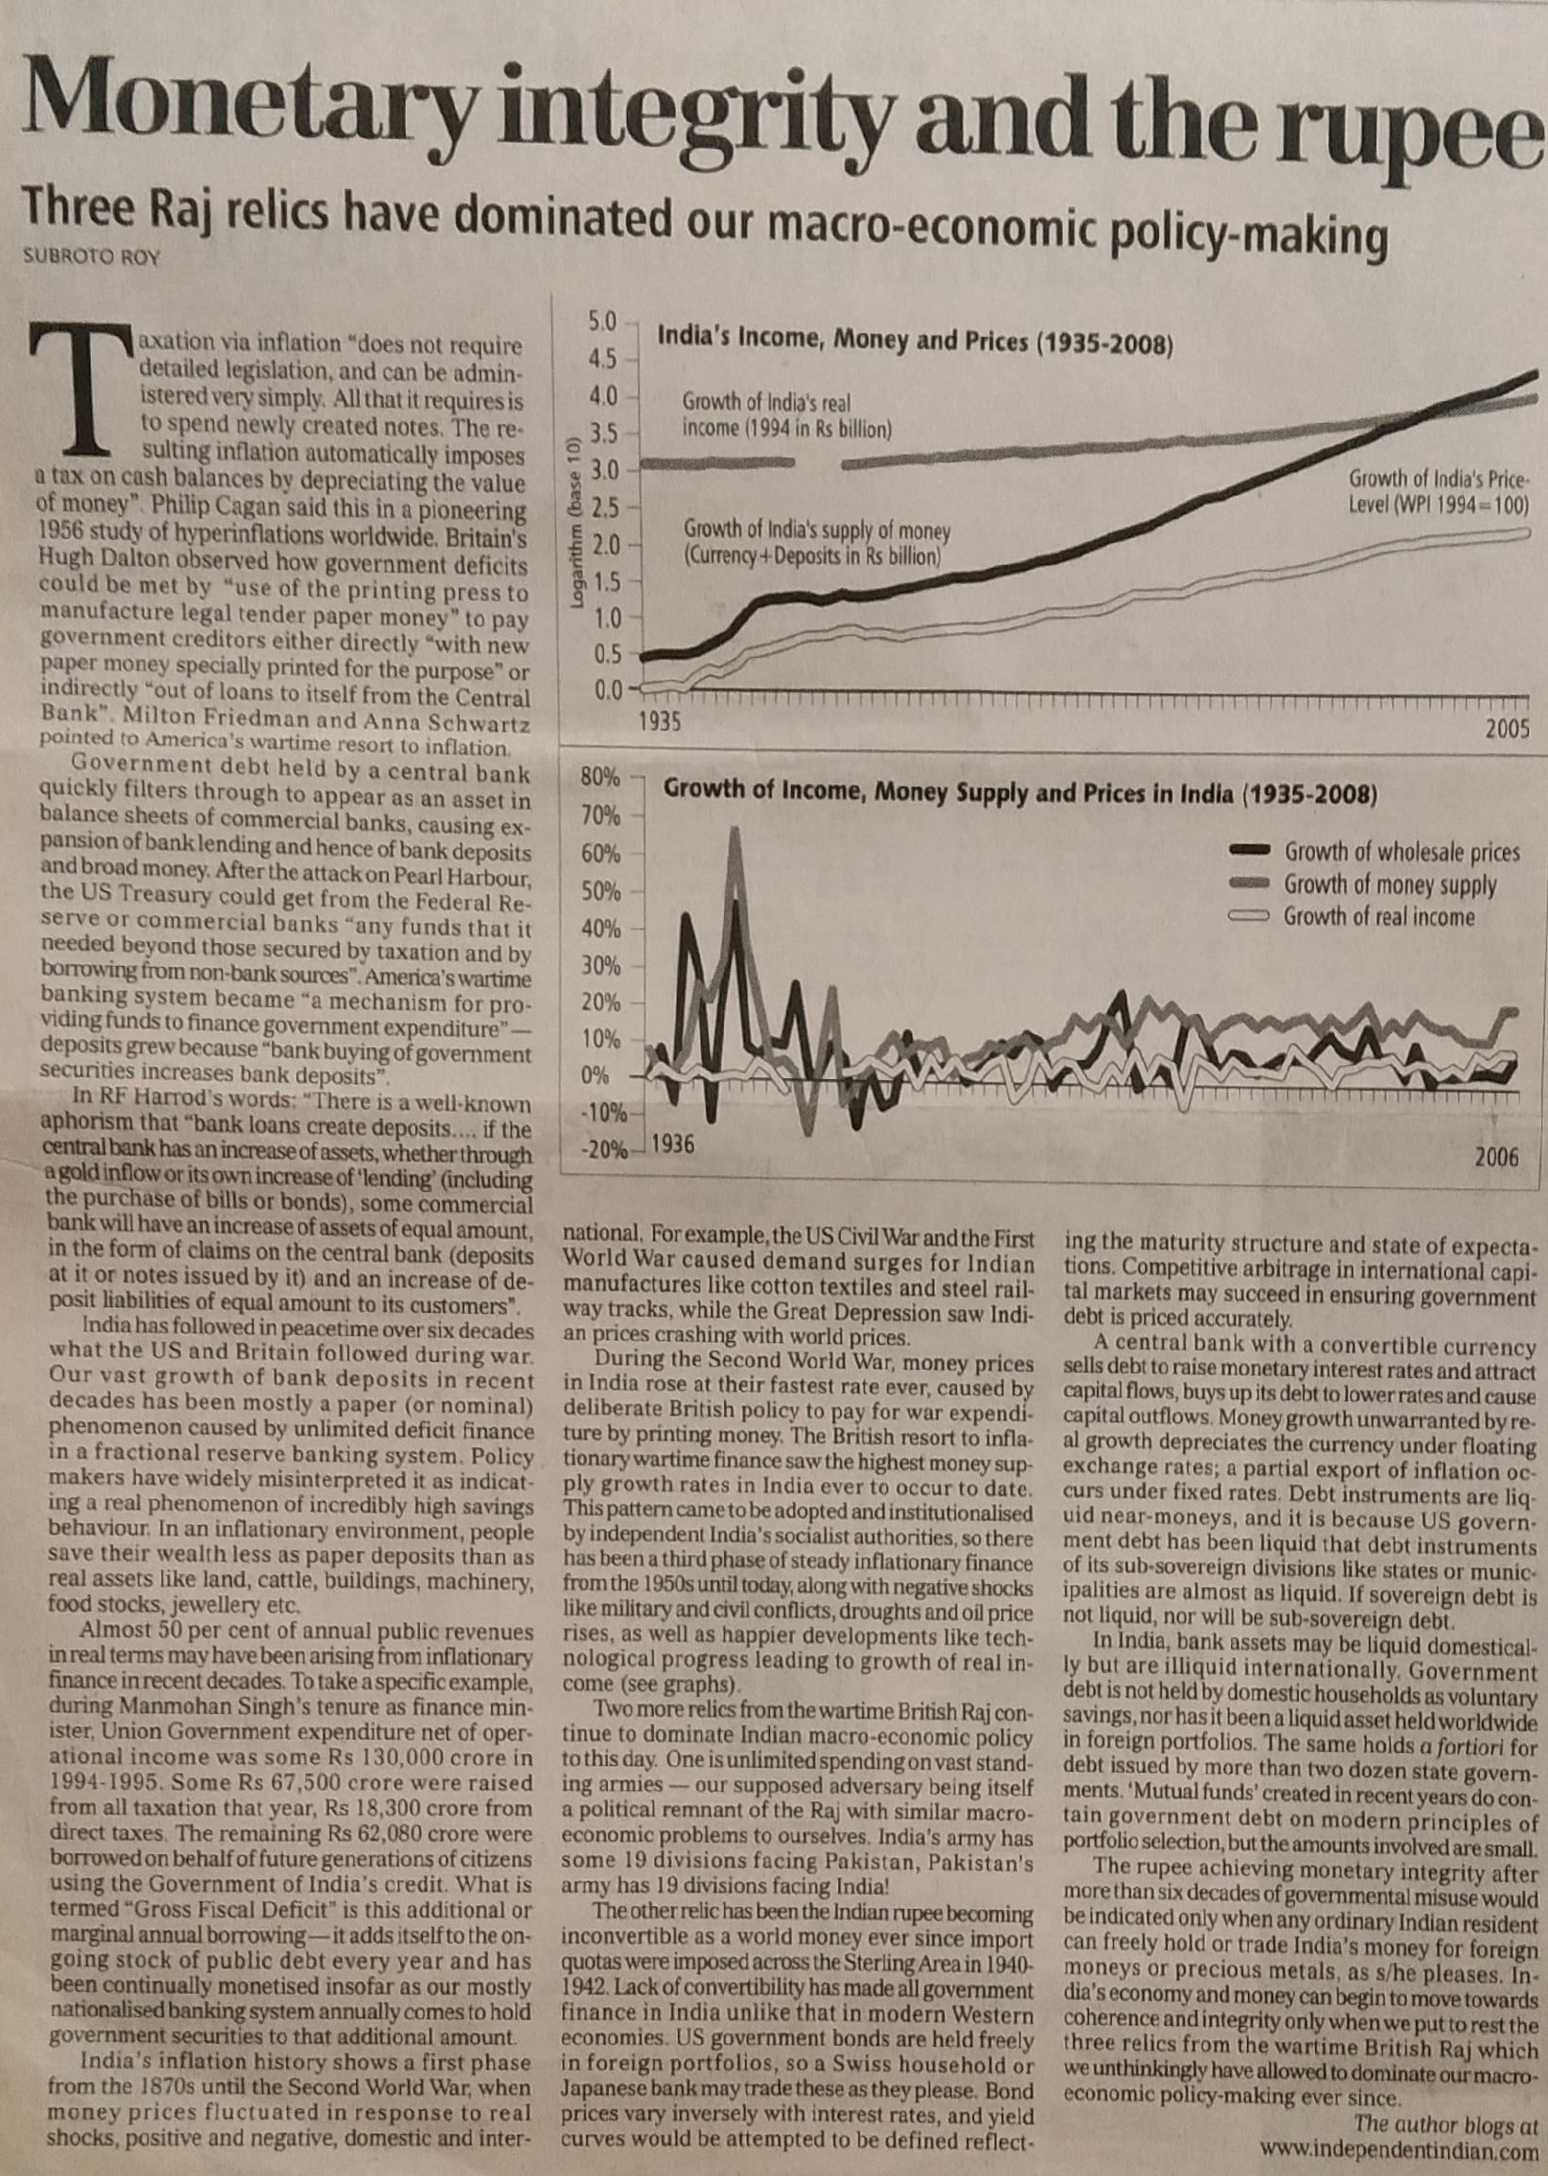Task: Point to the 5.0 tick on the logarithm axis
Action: [x=604, y=320]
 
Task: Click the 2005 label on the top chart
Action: [x=1506, y=730]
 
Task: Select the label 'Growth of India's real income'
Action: [x=785, y=415]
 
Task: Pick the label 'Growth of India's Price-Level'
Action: [x=1438, y=491]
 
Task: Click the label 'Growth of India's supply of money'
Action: [x=816, y=541]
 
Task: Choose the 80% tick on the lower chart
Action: [x=600, y=777]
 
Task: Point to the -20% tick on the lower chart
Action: [x=605, y=1150]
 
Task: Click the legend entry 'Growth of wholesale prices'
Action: [x=1401, y=852]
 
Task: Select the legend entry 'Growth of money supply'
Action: [x=1389, y=885]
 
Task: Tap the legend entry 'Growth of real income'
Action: [x=1378, y=917]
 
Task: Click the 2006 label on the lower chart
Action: [x=1496, y=1157]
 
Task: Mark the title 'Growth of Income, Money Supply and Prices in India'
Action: [x=1019, y=792]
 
